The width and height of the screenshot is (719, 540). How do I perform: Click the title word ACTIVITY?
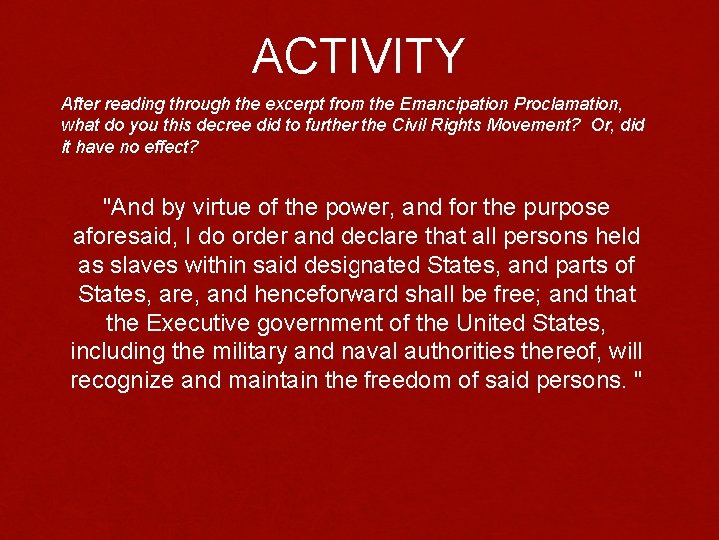pos(359,56)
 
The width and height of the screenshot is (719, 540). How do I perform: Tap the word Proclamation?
pos(569,103)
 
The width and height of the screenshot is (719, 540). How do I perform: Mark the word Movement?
pos(534,125)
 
